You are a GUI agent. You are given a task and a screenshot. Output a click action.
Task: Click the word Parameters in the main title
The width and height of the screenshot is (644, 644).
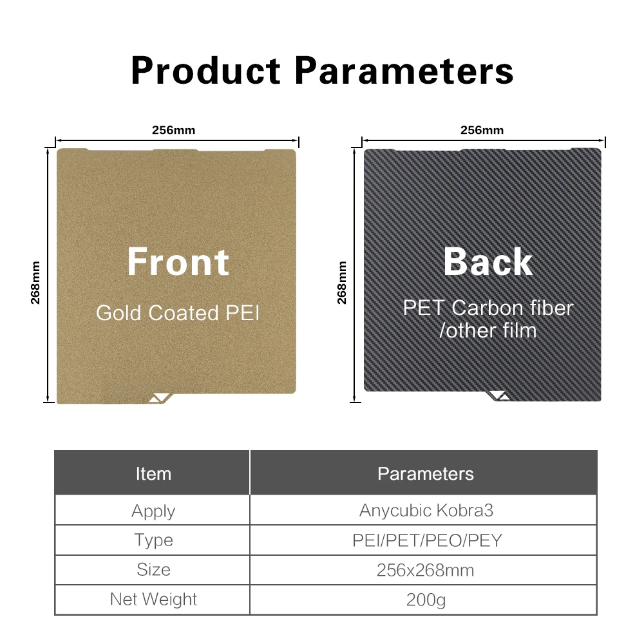[404, 70]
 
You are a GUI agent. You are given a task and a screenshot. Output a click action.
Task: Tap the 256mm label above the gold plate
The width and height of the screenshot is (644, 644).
[174, 130]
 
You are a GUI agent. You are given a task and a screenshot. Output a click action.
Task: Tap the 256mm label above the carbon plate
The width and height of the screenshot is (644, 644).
[482, 130]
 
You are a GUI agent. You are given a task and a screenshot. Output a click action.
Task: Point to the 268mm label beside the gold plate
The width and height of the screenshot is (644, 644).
[35, 283]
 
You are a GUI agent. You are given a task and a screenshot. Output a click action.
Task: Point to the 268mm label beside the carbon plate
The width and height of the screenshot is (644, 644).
[342, 283]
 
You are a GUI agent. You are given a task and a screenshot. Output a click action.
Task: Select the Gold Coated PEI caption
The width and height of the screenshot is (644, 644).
[178, 313]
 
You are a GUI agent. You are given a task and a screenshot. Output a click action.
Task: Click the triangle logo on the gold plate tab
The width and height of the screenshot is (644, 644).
[160, 397]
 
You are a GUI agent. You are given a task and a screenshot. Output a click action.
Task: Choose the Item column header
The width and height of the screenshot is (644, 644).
[153, 474]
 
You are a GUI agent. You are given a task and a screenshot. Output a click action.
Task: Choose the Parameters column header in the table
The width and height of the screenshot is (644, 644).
[426, 474]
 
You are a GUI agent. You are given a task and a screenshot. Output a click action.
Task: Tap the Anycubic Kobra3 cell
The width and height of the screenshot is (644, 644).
[426, 511]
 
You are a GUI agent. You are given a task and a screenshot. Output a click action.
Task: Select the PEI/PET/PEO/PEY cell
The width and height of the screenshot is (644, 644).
[427, 540]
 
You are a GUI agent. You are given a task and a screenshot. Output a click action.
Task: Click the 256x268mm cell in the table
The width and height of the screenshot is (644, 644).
[425, 571]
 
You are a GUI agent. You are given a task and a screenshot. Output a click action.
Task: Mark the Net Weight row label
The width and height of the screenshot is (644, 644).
[153, 600]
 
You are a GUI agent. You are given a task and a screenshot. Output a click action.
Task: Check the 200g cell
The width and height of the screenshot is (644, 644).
[426, 600]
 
